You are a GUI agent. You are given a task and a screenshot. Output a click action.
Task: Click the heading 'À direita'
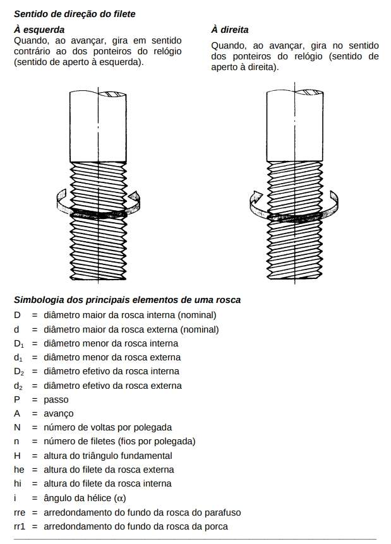point(229,30)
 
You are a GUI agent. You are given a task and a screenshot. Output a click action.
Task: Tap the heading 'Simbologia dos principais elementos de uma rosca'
point(127,300)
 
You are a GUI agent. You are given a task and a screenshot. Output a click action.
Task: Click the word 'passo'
point(56,399)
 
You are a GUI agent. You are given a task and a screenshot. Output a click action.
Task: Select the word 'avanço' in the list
point(59,413)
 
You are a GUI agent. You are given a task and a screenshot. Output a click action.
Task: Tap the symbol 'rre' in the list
point(20,512)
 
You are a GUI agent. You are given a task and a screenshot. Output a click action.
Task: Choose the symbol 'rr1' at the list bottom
point(20,526)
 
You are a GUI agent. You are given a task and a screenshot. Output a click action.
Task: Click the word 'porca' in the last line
point(215,526)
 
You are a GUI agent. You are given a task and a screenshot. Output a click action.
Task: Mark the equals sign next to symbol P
point(35,399)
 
